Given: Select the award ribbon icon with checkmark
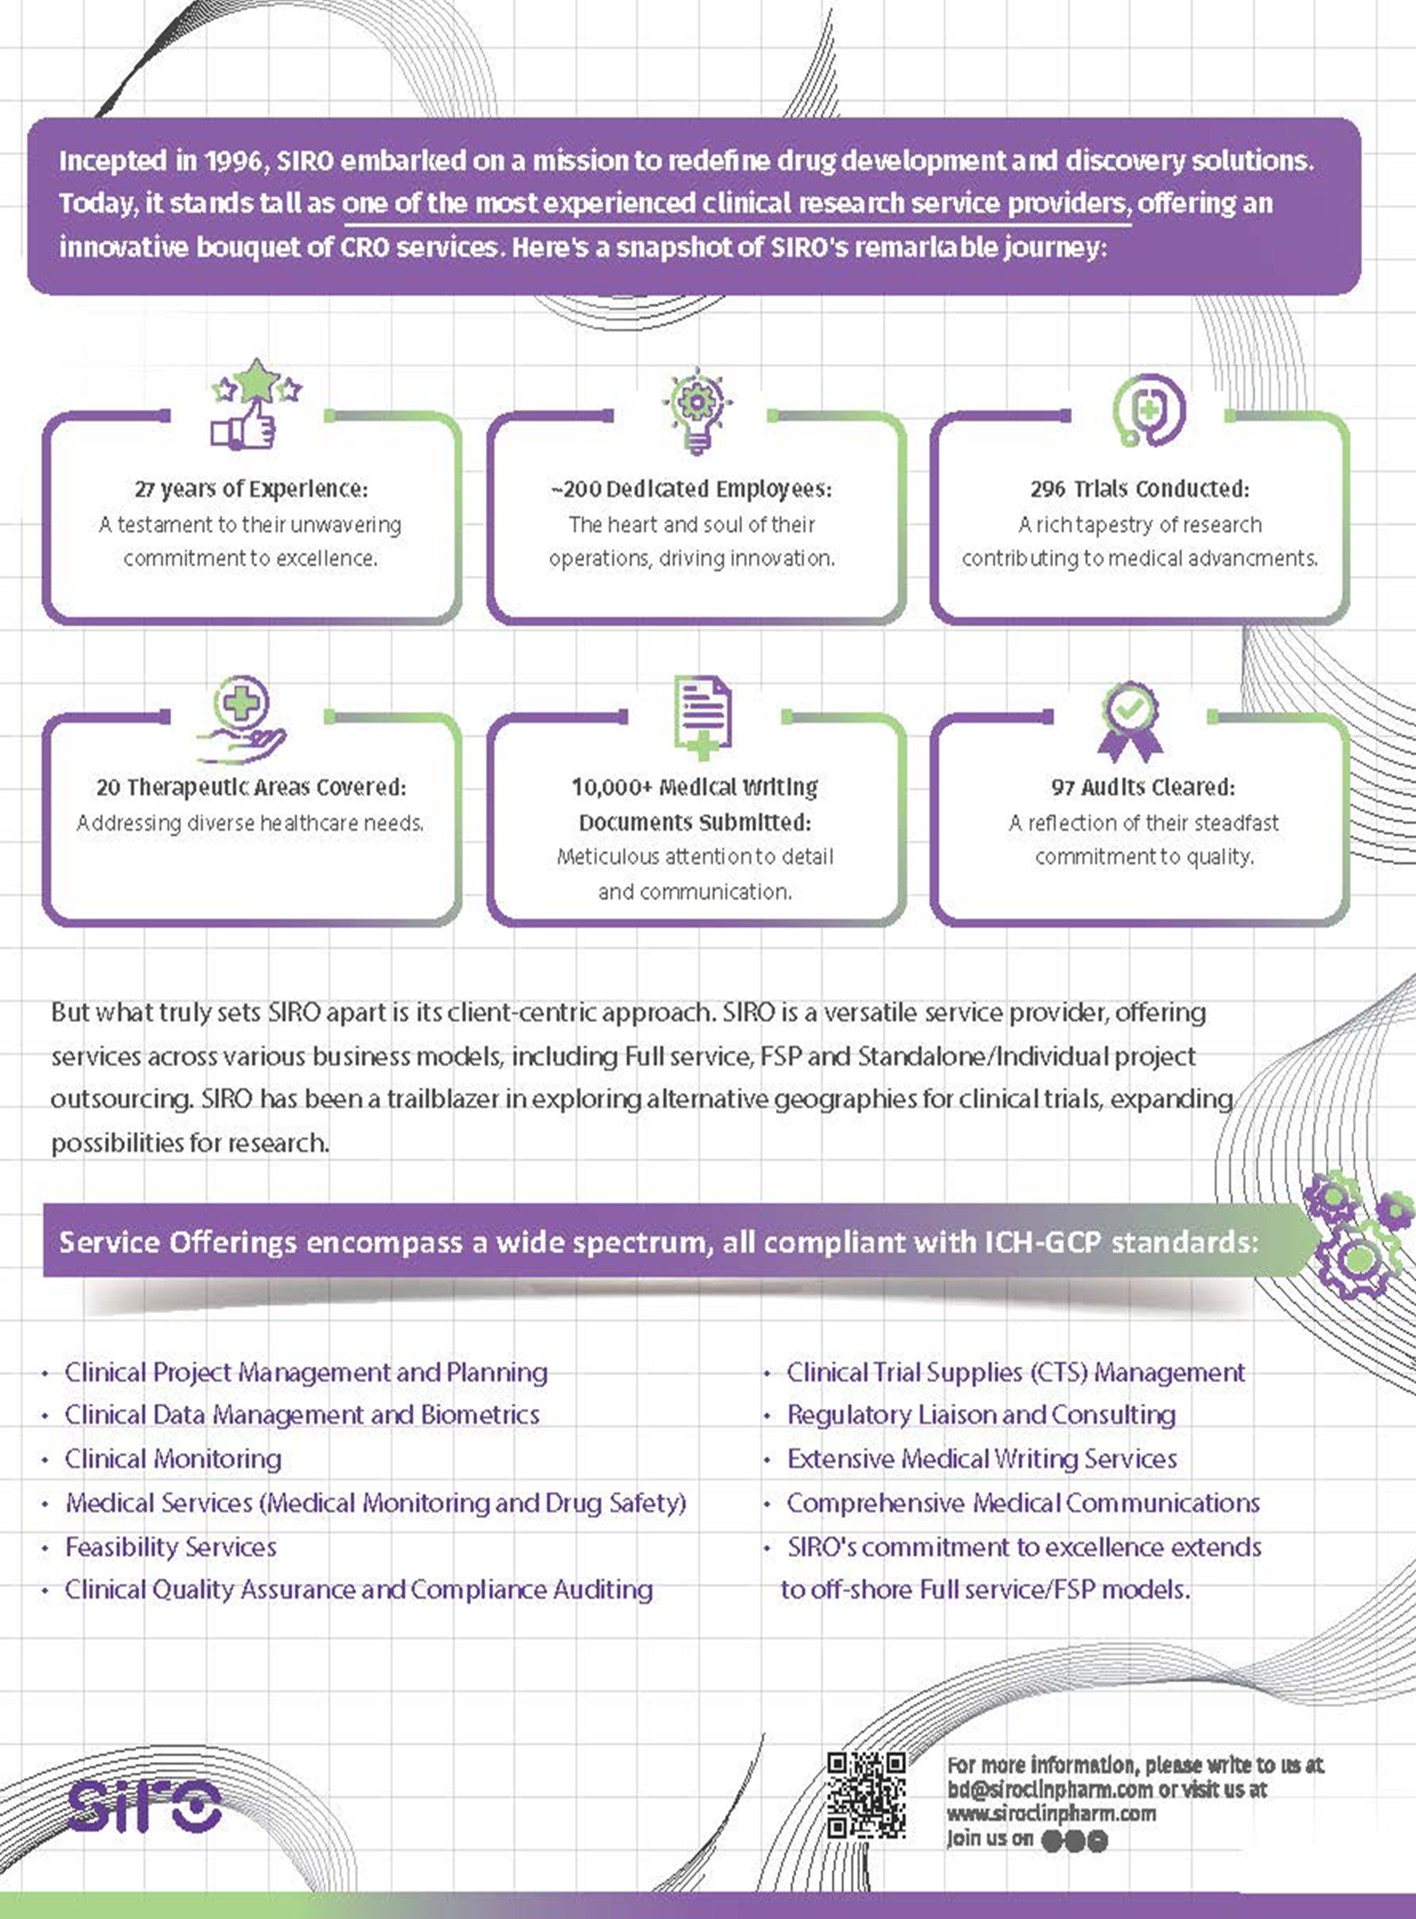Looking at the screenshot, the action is coord(1130,721).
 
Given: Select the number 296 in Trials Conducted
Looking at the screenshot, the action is coord(1047,489).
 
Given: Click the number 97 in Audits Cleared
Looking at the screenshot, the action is coord(1063,787).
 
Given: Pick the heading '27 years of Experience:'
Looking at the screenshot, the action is coord(251,490).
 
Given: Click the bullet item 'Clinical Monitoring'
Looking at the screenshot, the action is coord(173,1459).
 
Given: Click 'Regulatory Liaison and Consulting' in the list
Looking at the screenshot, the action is coord(982,1415).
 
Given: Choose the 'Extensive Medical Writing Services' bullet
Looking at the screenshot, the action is coord(982,1459).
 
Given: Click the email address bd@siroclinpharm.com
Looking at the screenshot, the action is coord(1050,1789).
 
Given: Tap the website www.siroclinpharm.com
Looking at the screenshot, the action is coord(1052,1814).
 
